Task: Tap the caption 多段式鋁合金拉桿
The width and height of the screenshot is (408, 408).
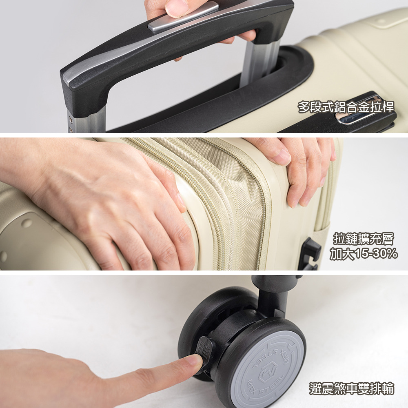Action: tap(346, 107)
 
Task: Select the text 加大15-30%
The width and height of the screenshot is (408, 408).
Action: tap(364, 253)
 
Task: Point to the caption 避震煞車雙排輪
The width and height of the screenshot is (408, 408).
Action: tap(352, 388)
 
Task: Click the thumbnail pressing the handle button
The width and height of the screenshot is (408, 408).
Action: tap(177, 8)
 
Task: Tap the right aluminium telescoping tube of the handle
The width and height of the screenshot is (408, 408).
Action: tap(259, 62)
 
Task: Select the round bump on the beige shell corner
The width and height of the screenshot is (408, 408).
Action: tap(26, 223)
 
